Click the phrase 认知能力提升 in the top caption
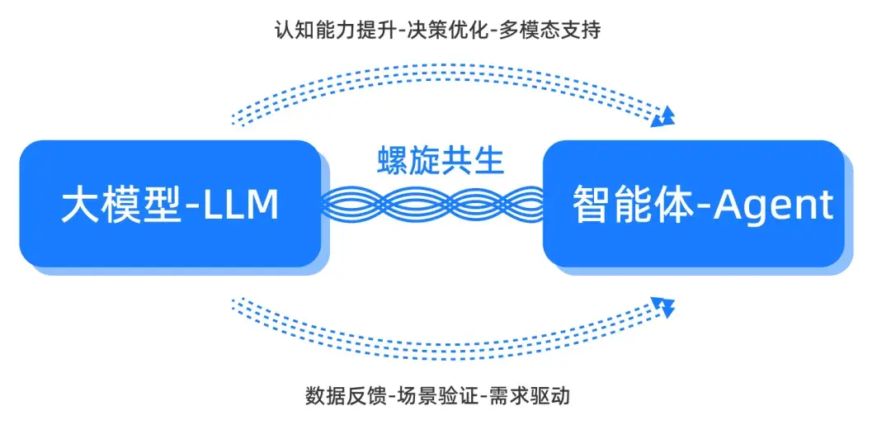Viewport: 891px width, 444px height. pyautogui.click(x=337, y=30)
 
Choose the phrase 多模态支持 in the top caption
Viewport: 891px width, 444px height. pyautogui.click(x=549, y=30)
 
